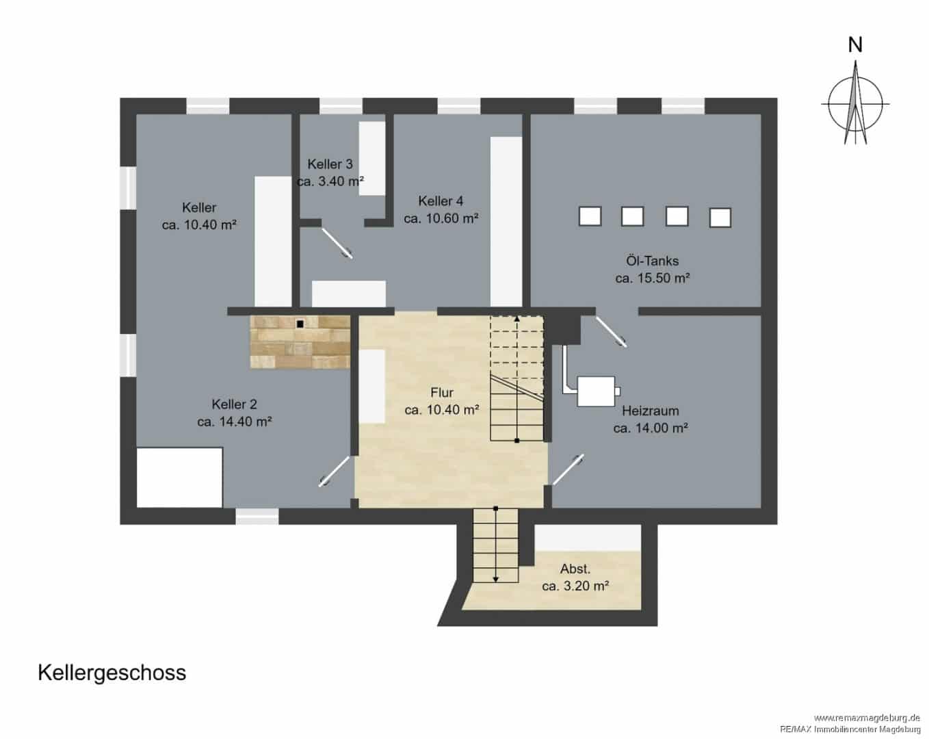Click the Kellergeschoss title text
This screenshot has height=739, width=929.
pos(112,673)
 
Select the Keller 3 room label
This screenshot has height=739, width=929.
pos(330,164)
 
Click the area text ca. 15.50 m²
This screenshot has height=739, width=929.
pos(653,278)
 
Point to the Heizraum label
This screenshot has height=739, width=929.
pos(650,411)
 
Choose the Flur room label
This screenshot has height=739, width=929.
pos(442,393)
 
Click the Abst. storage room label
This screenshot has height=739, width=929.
pos(575,569)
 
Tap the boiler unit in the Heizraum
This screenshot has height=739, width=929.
pos(596,391)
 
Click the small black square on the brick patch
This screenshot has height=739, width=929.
pos(300,324)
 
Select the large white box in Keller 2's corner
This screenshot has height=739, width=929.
pos(180,477)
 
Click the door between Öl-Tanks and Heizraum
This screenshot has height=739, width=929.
pos(612,332)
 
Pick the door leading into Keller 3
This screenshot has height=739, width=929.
pos(337,243)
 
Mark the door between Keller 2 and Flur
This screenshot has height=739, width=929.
pos(334,471)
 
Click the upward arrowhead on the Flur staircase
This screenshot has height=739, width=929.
pos(516,319)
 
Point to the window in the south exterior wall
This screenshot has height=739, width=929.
pos(257,517)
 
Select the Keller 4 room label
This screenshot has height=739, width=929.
pos(441,201)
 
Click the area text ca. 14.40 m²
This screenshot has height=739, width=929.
pos(235,422)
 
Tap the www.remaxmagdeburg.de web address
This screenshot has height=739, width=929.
pos(867,718)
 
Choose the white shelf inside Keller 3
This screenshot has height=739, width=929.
pos(371,158)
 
